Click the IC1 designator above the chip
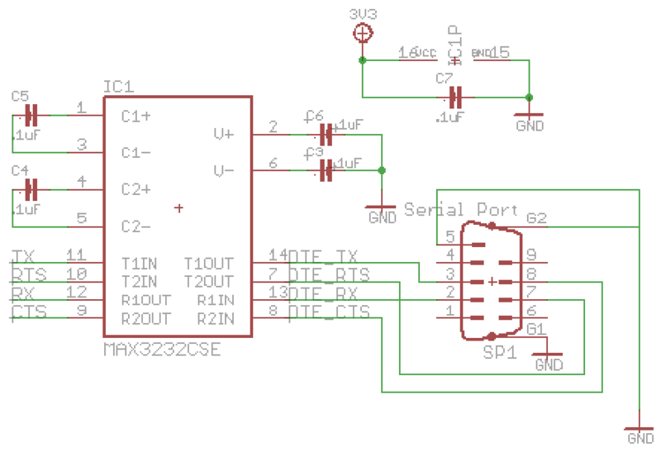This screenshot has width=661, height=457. point(118,87)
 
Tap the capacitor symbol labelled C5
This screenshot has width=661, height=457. point(32,115)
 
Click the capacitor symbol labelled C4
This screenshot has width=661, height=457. point(32,189)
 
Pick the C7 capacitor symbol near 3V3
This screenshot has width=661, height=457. point(454,96)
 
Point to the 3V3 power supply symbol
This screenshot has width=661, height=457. point(361,33)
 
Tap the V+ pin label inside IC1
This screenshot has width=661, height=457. point(223,133)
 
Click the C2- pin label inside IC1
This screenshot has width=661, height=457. point(136,226)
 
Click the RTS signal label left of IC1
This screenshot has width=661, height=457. point(29,274)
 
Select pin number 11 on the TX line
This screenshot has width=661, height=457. point(76,255)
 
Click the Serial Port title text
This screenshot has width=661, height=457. point(460,210)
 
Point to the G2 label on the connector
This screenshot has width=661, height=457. point(536,218)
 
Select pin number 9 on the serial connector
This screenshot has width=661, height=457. point(531,255)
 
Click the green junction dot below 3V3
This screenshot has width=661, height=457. point(361,60)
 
